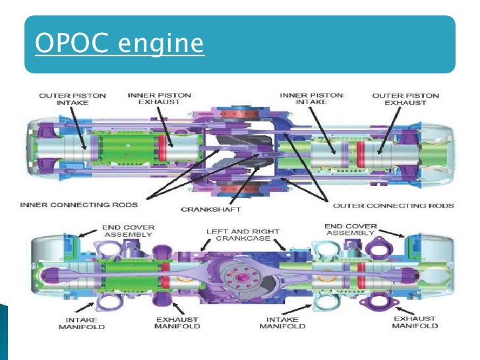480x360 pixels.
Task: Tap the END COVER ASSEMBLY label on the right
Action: pyautogui.click(x=351, y=230)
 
